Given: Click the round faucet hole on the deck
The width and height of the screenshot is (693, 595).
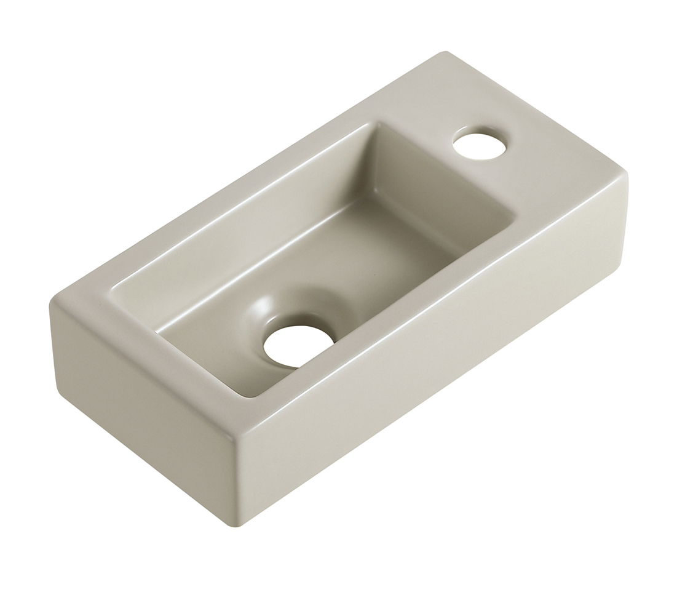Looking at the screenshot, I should [479, 143].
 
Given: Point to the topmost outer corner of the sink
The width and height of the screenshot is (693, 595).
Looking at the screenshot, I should [445, 53].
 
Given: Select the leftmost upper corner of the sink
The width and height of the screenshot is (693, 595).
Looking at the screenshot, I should [53, 301].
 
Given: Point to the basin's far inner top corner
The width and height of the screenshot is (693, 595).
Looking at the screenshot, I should [376, 123].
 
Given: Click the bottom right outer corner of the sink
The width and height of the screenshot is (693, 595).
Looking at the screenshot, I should [618, 271].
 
